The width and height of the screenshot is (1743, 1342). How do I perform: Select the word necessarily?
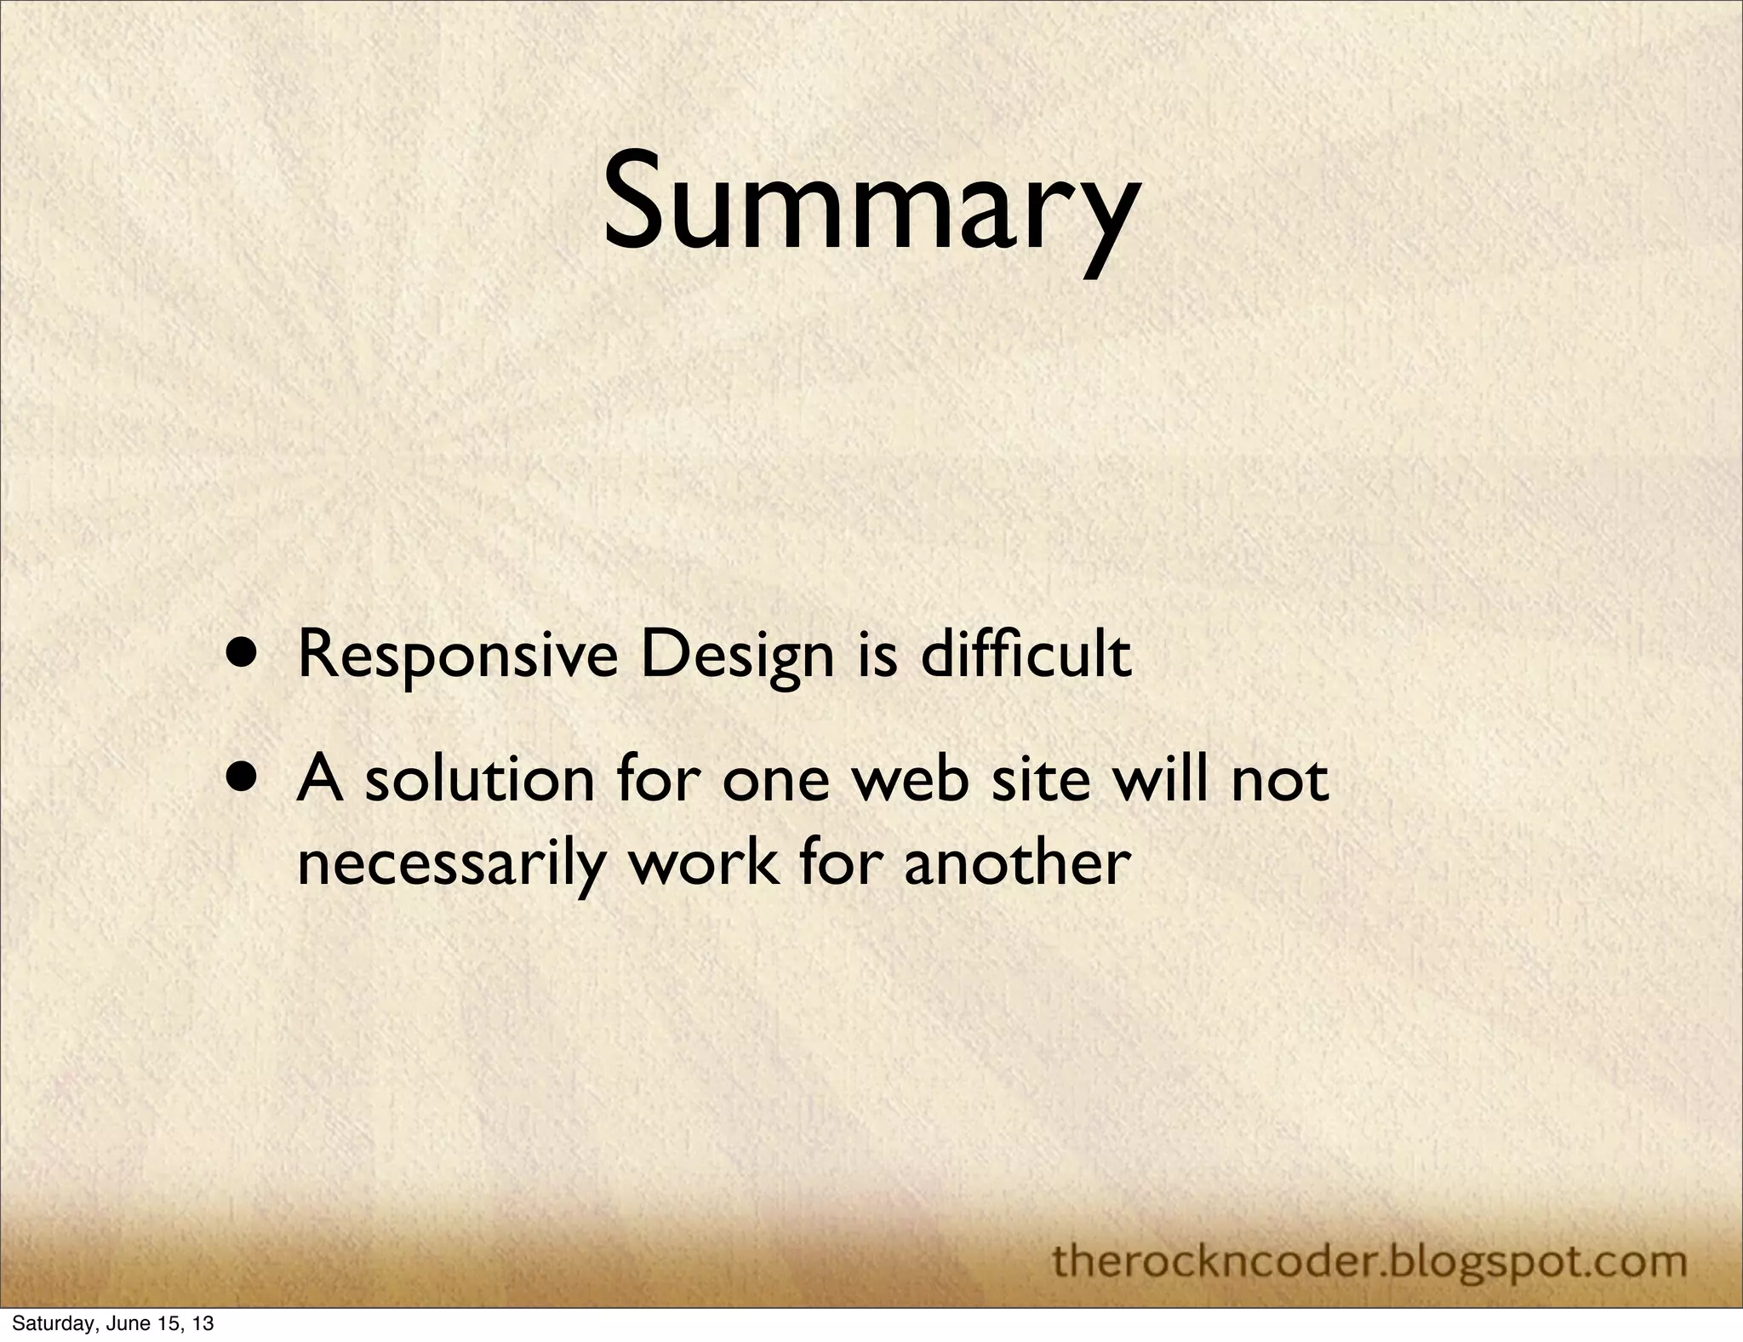click(x=446, y=863)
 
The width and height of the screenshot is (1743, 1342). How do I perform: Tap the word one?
click(x=774, y=782)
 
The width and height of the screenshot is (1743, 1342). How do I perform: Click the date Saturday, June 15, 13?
click(x=112, y=1323)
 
